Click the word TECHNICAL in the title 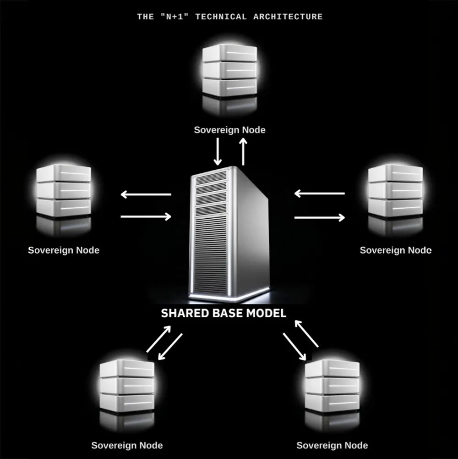(x=221, y=17)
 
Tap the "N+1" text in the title (x=174, y=17)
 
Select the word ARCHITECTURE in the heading (x=288, y=17)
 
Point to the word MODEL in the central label (x=266, y=313)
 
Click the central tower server (x=229, y=235)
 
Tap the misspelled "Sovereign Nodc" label (x=396, y=250)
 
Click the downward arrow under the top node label (x=218, y=152)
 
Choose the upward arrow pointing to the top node (x=243, y=152)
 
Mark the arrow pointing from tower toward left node (x=146, y=194)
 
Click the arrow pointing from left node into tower (x=146, y=216)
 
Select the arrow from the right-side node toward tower (x=319, y=194)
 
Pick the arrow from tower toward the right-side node (x=319, y=217)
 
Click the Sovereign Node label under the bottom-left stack (x=127, y=445)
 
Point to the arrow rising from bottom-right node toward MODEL (x=306, y=334)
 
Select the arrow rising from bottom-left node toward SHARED (x=159, y=339)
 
